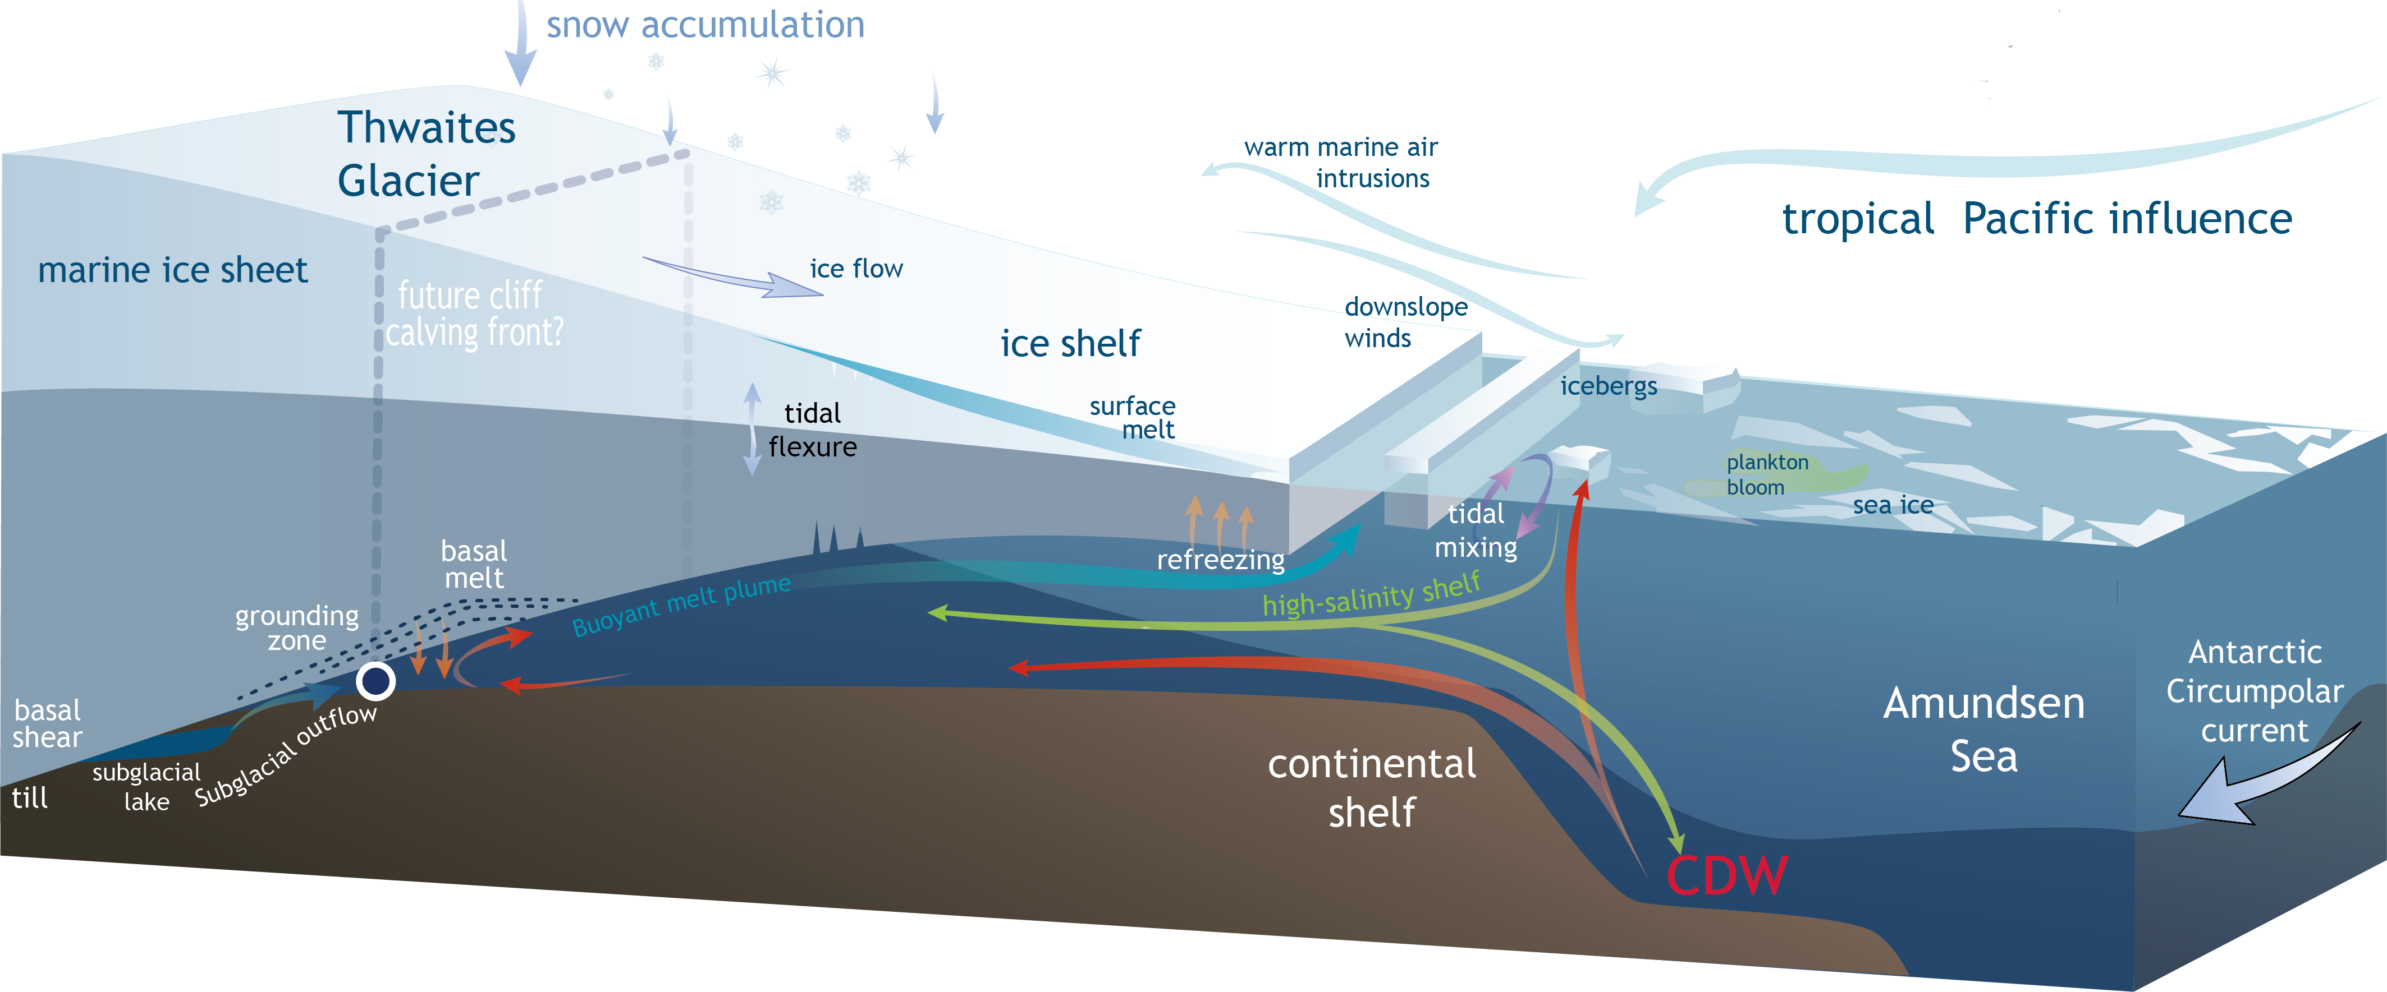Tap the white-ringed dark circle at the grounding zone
pyautogui.click(x=375, y=681)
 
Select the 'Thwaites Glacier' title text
pyautogui.click(x=425, y=154)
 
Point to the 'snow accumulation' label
pyautogui.click(x=704, y=25)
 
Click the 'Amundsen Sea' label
pyautogui.click(x=1983, y=729)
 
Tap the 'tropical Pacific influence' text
pyautogui.click(x=2037, y=219)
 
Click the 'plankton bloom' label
pyautogui.click(x=1766, y=474)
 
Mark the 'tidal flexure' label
pyautogui.click(x=812, y=430)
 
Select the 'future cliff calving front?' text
pyautogui.click(x=473, y=314)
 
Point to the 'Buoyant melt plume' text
pyautogui.click(x=681, y=605)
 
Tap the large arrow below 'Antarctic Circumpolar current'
pyautogui.click(x=2261, y=778)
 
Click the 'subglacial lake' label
pyautogui.click(x=146, y=786)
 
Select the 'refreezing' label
pyautogui.click(x=1220, y=560)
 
